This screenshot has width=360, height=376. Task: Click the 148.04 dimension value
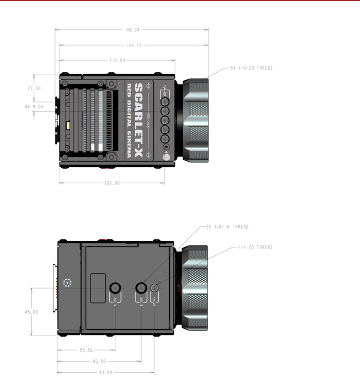point(132,30)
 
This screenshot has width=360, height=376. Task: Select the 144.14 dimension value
point(134,46)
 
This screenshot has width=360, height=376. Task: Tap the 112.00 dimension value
point(117,60)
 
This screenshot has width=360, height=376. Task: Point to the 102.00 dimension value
point(112,183)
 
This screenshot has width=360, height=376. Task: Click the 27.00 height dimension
point(34,88)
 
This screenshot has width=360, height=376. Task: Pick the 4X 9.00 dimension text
point(34,107)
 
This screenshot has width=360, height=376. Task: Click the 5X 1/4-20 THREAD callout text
point(251,68)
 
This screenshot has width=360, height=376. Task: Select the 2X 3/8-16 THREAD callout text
point(227,227)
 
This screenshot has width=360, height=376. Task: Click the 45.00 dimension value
point(31,312)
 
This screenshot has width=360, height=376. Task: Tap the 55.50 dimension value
point(86,350)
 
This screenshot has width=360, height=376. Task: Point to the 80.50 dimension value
point(99,361)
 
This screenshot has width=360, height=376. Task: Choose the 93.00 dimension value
point(106,373)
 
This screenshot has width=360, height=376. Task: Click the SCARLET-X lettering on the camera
point(139,120)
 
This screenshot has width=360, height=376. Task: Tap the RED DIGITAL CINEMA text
point(129,120)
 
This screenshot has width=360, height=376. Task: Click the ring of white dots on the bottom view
point(67,283)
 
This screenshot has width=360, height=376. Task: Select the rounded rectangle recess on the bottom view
point(98,288)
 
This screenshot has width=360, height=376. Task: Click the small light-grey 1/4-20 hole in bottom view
point(154,288)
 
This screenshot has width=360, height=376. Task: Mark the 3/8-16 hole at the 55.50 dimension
point(115,288)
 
